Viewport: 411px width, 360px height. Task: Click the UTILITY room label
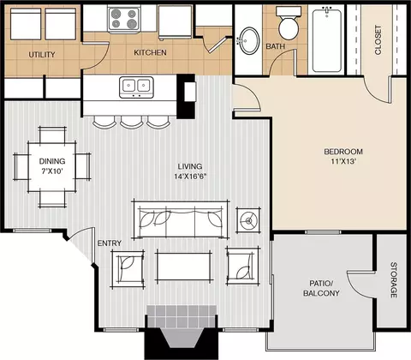pyautogui.click(x=42, y=54)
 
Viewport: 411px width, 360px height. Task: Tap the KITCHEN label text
pyautogui.click(x=150, y=52)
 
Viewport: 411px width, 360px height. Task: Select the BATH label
pyautogui.click(x=276, y=46)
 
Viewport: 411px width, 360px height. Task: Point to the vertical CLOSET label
pyautogui.click(x=378, y=40)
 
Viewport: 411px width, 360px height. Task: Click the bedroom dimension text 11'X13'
pyautogui.click(x=343, y=161)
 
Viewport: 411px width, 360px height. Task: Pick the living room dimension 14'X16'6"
pyautogui.click(x=190, y=177)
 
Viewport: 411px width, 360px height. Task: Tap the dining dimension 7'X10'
pyautogui.click(x=52, y=171)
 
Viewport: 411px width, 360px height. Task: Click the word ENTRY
pyautogui.click(x=110, y=243)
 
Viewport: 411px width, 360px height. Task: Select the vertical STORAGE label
pyautogui.click(x=394, y=280)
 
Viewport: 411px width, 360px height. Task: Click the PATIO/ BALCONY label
pyautogui.click(x=321, y=288)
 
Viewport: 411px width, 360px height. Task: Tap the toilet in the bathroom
pyautogui.click(x=289, y=23)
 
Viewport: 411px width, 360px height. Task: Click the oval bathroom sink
pyautogui.click(x=248, y=40)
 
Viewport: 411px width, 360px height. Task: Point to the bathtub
pyautogui.click(x=327, y=40)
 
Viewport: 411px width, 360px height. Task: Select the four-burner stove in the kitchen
pyautogui.click(x=124, y=18)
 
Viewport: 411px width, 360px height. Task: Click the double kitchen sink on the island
pyautogui.click(x=136, y=87)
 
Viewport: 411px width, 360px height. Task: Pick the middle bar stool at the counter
pyautogui.click(x=131, y=122)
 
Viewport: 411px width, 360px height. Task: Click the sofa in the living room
pyautogui.click(x=181, y=219)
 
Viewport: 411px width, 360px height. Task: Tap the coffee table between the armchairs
pyautogui.click(x=184, y=266)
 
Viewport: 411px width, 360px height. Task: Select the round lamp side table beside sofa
pyautogui.click(x=248, y=220)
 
